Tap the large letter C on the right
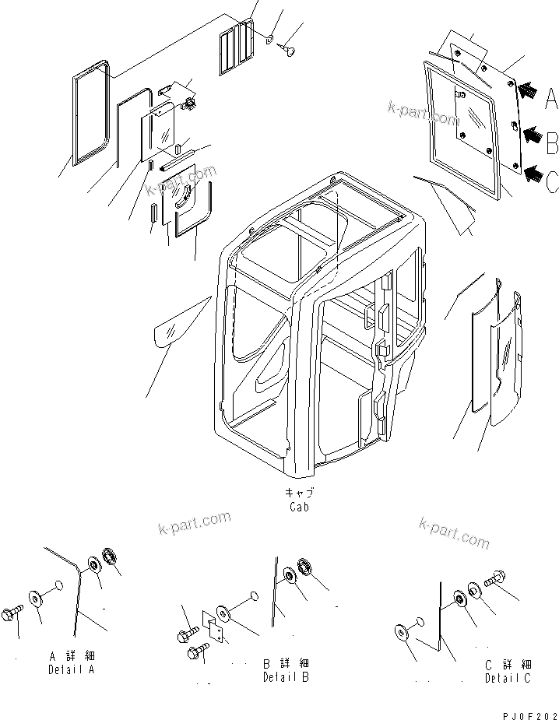(x=551, y=182)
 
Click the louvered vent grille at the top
(x=235, y=47)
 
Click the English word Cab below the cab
(x=298, y=507)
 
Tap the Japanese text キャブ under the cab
(x=298, y=493)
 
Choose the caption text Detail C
(x=507, y=677)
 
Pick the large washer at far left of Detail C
(x=403, y=631)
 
